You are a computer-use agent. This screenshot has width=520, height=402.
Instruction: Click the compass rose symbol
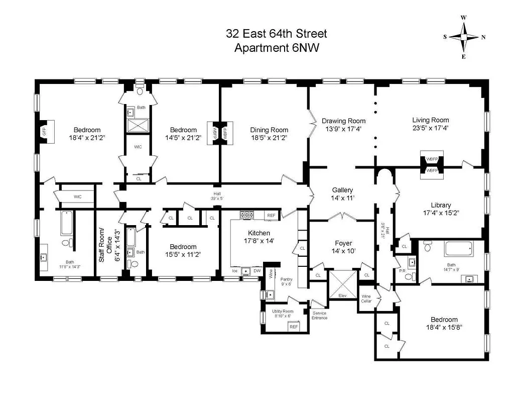pyautogui.click(x=464, y=37)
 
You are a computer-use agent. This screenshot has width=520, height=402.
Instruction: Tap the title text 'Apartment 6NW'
pyautogui.click(x=276, y=48)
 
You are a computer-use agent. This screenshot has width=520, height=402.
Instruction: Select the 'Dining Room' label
pyautogui.click(x=269, y=130)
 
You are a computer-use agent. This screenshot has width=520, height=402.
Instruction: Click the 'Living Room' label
pyautogui.click(x=430, y=120)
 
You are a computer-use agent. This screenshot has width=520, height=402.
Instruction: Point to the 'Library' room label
pyautogui.click(x=440, y=205)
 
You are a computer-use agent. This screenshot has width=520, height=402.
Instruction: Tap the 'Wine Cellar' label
pyautogui.click(x=366, y=298)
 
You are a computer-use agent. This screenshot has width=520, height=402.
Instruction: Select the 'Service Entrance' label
pyautogui.click(x=319, y=315)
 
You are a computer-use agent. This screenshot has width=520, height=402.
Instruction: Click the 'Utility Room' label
pyautogui.click(x=282, y=312)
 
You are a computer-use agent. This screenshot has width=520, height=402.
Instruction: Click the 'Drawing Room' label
pyautogui.click(x=343, y=121)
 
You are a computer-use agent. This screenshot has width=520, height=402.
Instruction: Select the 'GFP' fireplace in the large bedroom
pyautogui.click(x=44, y=133)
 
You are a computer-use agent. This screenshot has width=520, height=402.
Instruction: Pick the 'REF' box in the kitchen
pyautogui.click(x=272, y=216)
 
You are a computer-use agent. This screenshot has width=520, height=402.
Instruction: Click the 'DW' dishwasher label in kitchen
pyautogui.click(x=256, y=271)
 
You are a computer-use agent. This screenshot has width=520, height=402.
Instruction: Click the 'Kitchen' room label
pyautogui.click(x=258, y=233)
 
